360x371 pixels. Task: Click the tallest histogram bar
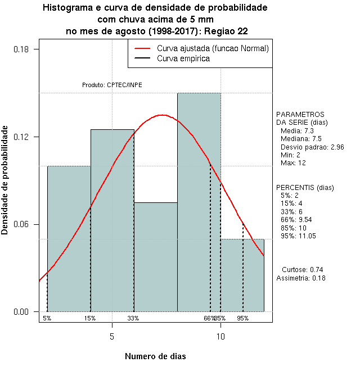[x=199, y=202]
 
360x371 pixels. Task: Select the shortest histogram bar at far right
[x=242, y=275]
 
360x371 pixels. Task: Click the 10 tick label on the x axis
[x=220, y=337]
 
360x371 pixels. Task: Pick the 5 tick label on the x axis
[x=112, y=337]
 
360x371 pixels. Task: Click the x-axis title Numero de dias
[x=155, y=356]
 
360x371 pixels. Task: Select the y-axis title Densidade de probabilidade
[x=6, y=180]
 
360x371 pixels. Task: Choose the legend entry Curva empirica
[x=183, y=58]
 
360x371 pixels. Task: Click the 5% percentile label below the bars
[x=47, y=318]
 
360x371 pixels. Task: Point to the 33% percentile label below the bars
[x=133, y=318]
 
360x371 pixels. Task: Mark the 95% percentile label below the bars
[x=242, y=318]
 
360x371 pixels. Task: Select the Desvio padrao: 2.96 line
[x=308, y=147]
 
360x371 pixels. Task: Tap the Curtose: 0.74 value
[x=302, y=269]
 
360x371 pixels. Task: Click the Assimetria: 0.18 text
[x=301, y=278]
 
